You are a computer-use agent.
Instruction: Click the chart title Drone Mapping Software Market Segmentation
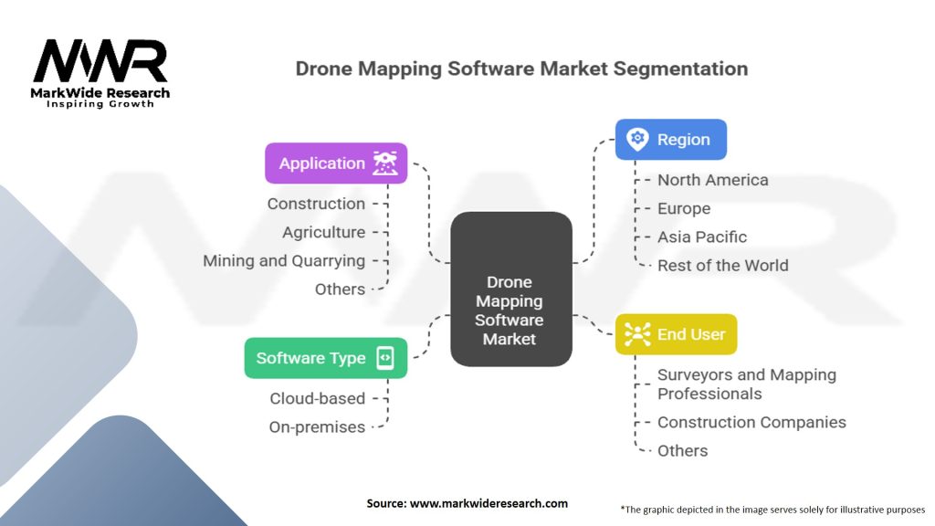point(521,69)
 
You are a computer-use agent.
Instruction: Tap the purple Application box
point(335,163)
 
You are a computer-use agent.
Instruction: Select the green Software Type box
point(325,358)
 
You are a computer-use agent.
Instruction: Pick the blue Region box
point(670,140)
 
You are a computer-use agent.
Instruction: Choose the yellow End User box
point(675,334)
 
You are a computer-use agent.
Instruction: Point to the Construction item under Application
point(316,204)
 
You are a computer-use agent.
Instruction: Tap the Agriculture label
point(323,232)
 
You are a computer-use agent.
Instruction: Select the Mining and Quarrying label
point(284,260)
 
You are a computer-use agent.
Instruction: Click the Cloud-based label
point(317,398)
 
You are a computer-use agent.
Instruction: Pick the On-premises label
point(317,426)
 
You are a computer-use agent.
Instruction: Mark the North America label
point(712,180)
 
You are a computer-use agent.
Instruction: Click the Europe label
point(684,208)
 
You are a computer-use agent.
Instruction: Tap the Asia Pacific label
point(702,237)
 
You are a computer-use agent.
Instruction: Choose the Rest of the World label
point(722,265)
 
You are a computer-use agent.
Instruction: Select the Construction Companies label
point(751,422)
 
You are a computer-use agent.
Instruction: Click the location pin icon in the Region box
point(637,140)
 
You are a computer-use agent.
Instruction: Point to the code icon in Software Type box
point(385,358)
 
